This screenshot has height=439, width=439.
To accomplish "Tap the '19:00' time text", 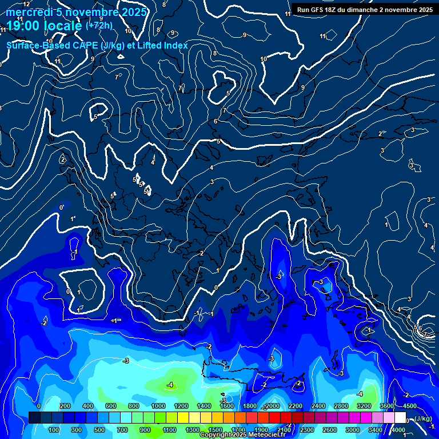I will coord(25,26).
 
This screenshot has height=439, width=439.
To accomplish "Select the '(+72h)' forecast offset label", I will coord(99,25).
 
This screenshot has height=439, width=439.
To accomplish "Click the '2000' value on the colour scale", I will coord(272,406).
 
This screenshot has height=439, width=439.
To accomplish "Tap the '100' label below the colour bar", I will coord(54,429).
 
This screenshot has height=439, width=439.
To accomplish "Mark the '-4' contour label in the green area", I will coord(170,385).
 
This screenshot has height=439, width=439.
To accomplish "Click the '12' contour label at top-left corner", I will coord(26,4).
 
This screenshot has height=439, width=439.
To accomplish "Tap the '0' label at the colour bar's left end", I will coord(38,406).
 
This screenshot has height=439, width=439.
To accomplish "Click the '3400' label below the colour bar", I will coord(375,429).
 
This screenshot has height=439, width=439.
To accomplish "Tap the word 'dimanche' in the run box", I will coord(372,9).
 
